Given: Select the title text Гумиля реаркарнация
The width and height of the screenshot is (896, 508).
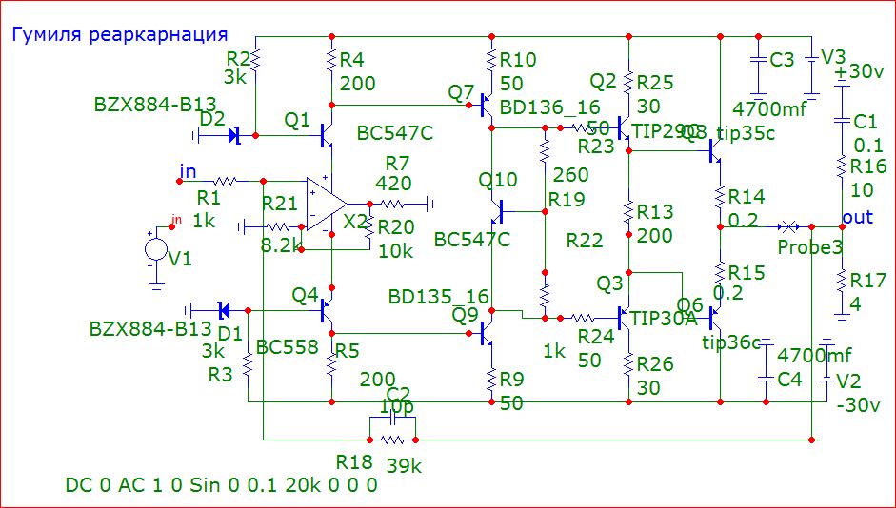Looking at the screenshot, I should coord(119,35).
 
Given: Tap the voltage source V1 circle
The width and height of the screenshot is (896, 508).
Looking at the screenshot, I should coord(154,251).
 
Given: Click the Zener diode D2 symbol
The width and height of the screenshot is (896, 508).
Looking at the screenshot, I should coord(234,136).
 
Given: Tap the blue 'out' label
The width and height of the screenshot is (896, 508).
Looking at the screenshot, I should coord(857,218).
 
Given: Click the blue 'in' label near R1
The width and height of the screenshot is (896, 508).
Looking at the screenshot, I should coord(188,171).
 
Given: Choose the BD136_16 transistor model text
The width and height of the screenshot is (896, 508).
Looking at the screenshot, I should coord(549,108).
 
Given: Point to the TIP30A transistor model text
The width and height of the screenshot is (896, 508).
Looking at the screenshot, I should coord(665,319).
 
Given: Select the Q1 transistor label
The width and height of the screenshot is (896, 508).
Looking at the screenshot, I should coord(297,120).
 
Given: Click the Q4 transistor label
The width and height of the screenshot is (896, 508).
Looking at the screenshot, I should coord(304,295).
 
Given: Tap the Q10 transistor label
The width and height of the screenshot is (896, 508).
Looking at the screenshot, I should coord(498,180).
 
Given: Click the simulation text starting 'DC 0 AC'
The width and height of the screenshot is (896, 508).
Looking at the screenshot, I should coord(221,485).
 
